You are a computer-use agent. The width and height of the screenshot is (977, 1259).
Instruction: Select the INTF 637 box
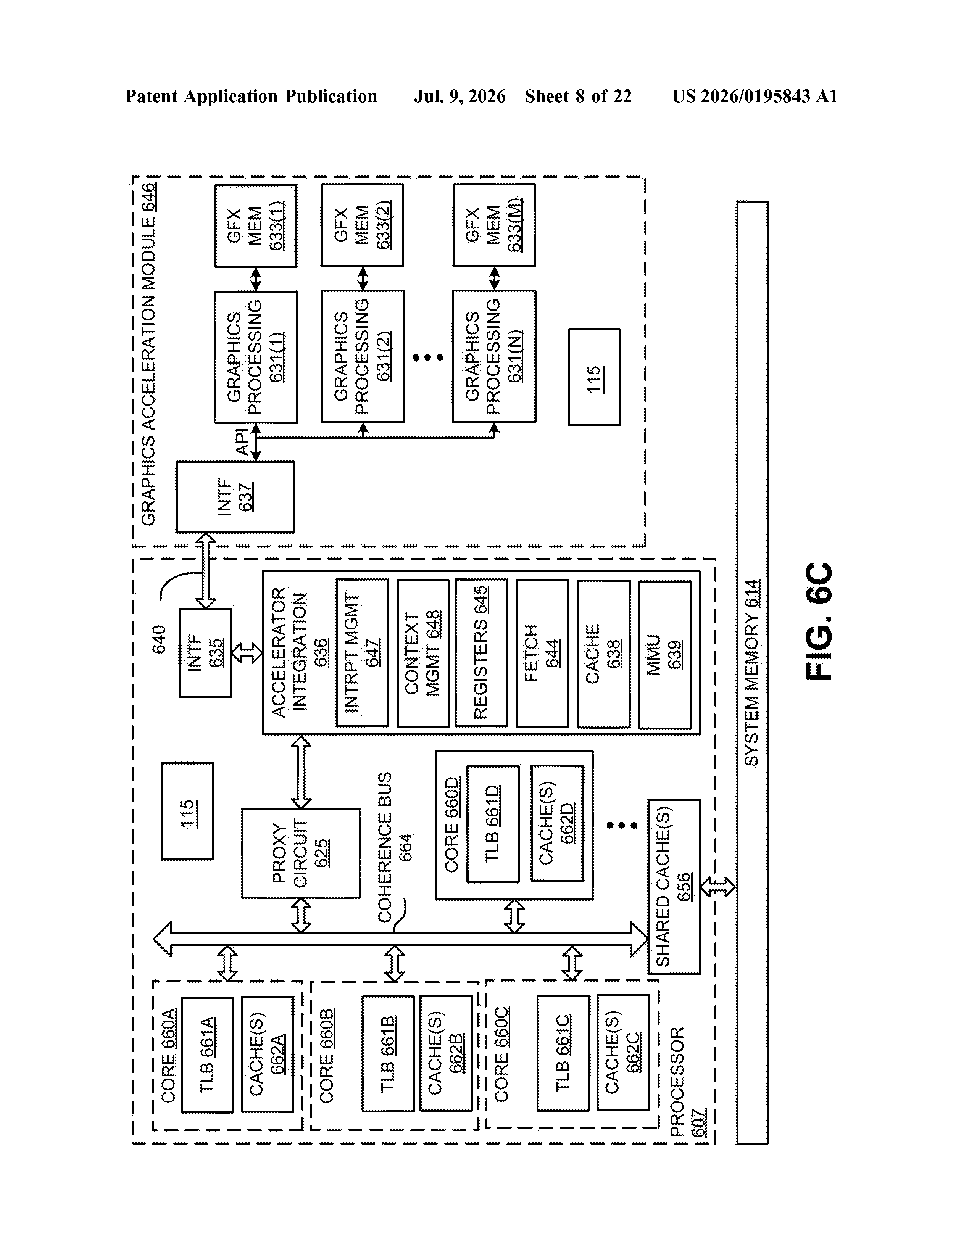[x=235, y=497]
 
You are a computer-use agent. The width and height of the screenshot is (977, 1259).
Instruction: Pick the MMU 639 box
[x=664, y=654]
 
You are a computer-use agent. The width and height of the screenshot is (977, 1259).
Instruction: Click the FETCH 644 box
[x=542, y=653]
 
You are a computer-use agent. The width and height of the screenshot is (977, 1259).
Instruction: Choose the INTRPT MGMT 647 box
[x=362, y=652]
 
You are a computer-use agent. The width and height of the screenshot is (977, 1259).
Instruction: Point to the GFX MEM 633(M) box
[x=494, y=225]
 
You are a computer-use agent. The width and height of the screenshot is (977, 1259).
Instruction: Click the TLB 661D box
[x=493, y=824]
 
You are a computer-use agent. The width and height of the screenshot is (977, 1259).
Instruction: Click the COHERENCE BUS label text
[x=385, y=847]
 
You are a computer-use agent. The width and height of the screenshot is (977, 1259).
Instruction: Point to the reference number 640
[x=159, y=639]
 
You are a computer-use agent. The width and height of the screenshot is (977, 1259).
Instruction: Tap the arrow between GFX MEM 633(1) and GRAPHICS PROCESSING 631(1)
[x=255, y=279]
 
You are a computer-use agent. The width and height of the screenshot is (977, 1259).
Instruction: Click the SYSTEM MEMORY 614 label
[x=752, y=673]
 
